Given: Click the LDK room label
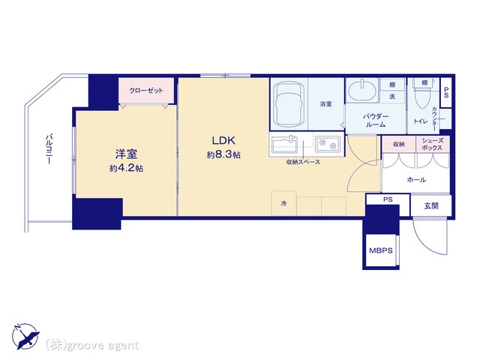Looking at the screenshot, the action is coord(223,140).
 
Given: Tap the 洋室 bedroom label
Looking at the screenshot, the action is coord(126,154).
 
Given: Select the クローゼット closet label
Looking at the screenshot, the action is coord(146,91).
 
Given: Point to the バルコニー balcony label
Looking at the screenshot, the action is coord(49,149).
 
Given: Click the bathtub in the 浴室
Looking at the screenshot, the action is coord(289,104).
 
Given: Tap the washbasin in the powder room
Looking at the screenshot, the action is coord(362,90).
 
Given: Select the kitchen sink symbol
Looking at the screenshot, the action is coord(284,145).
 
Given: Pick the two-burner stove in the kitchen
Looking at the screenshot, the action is coord(328,144).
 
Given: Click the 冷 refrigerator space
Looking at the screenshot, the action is coord(283,203).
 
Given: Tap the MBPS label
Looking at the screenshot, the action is coord(380,250).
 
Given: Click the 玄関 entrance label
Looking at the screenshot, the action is coord(431,206).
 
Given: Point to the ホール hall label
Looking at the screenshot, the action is coord(416,180).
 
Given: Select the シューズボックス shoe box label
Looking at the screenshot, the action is coord(432,144).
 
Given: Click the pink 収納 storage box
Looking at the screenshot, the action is coord(398,144).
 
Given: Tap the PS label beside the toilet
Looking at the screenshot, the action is coord(446,92).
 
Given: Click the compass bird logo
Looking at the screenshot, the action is coord(25,336).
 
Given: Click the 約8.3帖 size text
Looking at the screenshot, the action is coord(223,154).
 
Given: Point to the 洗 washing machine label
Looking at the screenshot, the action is coord(392,97).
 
